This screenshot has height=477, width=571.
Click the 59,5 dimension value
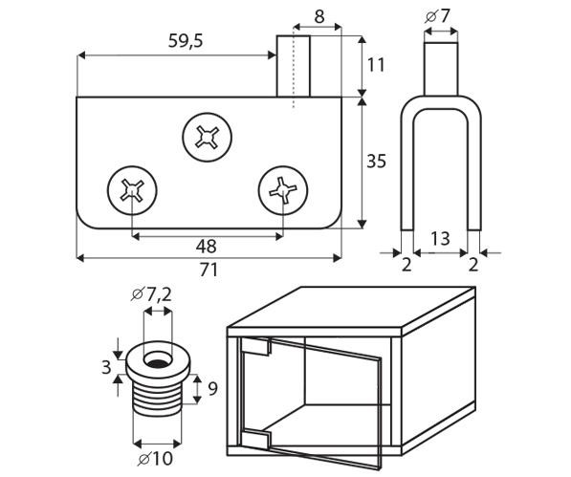pyautogui.click(x=186, y=41)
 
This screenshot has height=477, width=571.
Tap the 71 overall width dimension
pyautogui.click(x=209, y=270)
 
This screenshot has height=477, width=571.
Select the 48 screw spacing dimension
pyautogui.click(x=206, y=247)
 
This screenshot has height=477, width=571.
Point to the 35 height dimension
pyautogui.click(x=376, y=162)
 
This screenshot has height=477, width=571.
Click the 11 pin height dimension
pyautogui.click(x=376, y=66)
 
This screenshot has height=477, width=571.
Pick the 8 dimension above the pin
pyautogui.click(x=319, y=17)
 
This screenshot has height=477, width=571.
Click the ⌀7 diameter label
pyautogui.click(x=437, y=16)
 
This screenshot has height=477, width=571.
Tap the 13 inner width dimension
pyautogui.click(x=440, y=239)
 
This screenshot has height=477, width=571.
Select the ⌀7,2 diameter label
pyautogui.click(x=151, y=294)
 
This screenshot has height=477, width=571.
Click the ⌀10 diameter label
pyautogui.click(x=155, y=459)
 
